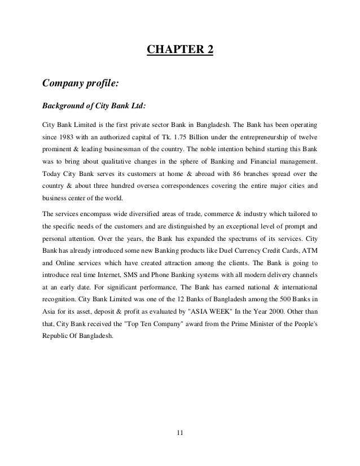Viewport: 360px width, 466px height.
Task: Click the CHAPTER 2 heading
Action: tap(180, 52)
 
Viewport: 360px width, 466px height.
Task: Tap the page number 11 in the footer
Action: tap(180, 433)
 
